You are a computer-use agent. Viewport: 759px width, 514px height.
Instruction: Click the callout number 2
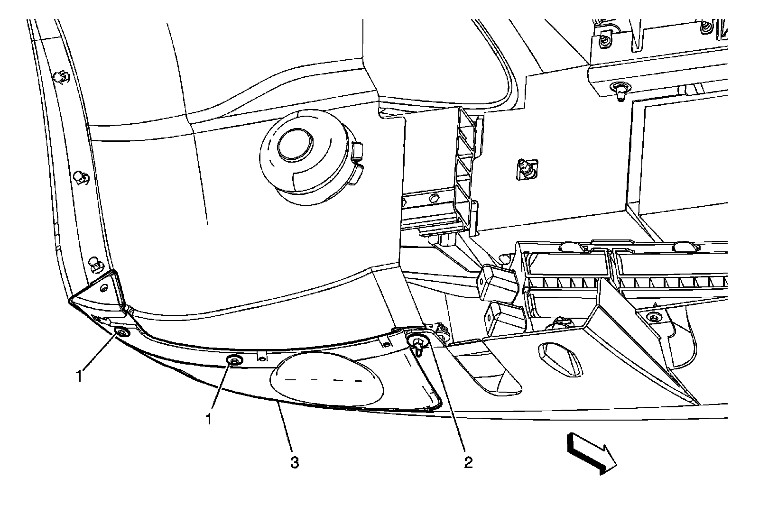click(x=468, y=462)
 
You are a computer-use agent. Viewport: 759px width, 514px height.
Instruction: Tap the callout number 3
click(x=295, y=462)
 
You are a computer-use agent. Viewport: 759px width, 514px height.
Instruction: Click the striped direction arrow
click(x=591, y=453)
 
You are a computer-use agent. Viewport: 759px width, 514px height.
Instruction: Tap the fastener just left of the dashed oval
click(x=233, y=361)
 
